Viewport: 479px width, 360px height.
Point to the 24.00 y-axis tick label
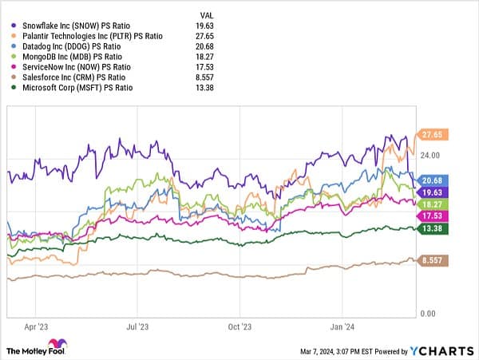tap(431, 156)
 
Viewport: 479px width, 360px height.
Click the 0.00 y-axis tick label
tap(429, 314)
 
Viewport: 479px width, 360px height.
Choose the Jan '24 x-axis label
tap(343, 327)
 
